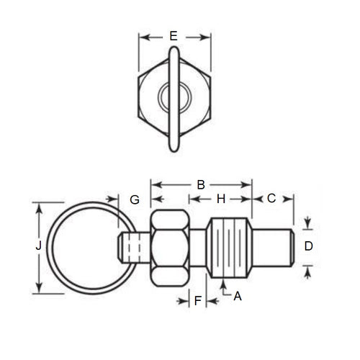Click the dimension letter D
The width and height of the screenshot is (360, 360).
(309, 246)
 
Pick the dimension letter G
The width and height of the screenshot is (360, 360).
(134, 199)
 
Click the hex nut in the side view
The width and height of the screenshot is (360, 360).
(171, 246)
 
